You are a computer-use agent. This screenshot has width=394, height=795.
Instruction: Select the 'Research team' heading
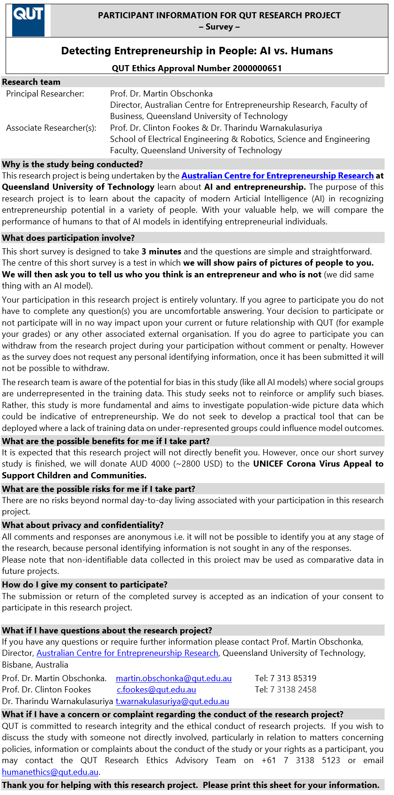tap(31, 82)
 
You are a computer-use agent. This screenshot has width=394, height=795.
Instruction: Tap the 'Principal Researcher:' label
tap(45, 94)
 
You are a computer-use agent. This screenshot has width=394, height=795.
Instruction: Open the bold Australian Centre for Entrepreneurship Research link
tap(277, 176)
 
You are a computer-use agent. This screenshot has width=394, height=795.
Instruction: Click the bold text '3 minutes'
tap(161, 252)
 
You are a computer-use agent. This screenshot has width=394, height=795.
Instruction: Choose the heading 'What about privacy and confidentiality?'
tap(83, 525)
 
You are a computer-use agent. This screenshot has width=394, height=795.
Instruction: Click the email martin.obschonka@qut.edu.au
tap(173, 678)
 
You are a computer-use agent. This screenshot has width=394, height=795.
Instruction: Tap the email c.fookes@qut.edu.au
tap(156, 690)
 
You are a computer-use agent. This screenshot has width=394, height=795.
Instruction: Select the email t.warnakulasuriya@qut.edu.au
tap(172, 701)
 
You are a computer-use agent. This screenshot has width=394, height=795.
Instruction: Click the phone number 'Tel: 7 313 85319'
tap(285, 678)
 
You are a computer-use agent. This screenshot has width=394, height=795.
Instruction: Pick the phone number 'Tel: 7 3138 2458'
tap(285, 690)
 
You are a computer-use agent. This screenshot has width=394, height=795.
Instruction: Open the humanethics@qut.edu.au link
tap(50, 772)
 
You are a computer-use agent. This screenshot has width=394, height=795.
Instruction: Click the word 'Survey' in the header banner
tap(219, 27)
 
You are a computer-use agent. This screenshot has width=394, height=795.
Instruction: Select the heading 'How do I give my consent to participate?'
tap(85, 585)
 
